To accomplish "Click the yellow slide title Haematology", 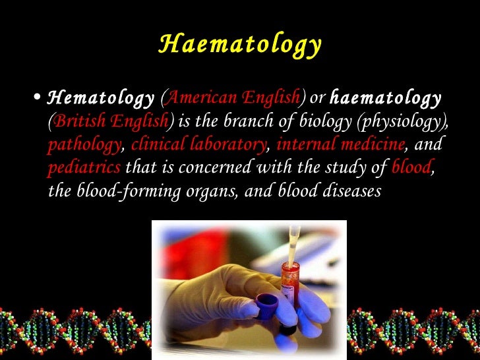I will pyautogui.click(x=240, y=45).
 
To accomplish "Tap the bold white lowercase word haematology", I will pyautogui.click(x=385, y=99).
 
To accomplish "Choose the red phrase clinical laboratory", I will pyautogui.click(x=199, y=145).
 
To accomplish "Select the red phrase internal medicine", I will pyautogui.click(x=340, y=145).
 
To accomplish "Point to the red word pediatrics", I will pyautogui.click(x=84, y=167).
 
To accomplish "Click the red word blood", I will pyautogui.click(x=411, y=167).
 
